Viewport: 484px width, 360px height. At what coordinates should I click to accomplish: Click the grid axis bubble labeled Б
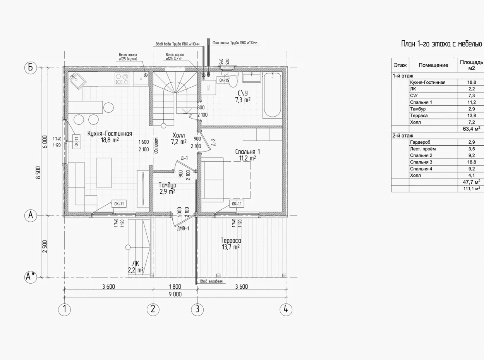pos(31,67)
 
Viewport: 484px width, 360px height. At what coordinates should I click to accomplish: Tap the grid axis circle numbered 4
pos(286,309)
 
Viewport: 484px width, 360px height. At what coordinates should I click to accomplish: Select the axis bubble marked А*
pos(31,277)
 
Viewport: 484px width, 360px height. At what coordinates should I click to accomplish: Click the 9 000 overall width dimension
pos(175,294)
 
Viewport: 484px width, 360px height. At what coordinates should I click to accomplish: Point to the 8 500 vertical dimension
pos(38,172)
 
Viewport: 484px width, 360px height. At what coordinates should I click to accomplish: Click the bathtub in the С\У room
pos(272,95)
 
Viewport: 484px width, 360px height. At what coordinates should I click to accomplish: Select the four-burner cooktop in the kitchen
pos(122,79)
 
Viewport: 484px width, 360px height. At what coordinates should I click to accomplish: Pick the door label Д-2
pos(214,142)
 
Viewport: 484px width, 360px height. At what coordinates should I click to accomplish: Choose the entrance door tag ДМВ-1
pos(183,229)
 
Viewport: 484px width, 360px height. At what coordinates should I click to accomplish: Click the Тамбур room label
pos(167,185)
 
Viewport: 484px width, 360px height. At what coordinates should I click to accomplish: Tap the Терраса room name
pos(231,241)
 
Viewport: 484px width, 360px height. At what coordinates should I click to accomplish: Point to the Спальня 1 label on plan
pos(247,152)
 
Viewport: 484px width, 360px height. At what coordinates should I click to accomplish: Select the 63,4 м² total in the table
pos(471,129)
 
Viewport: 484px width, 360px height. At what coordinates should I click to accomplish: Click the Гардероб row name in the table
pos(420,142)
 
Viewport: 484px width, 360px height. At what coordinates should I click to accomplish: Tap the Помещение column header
pos(433,65)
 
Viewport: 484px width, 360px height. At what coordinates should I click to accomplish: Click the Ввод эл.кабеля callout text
pos(211,281)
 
